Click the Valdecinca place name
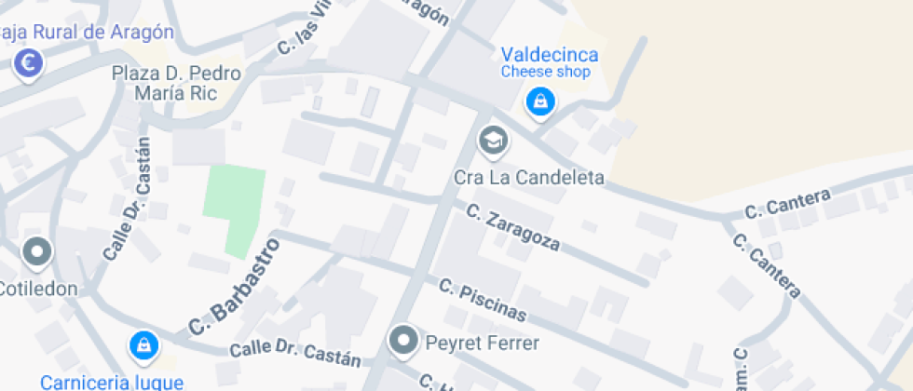tap(550, 55)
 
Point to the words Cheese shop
tap(545, 72)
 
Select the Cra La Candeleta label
tap(529, 177)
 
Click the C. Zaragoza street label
tap(514, 228)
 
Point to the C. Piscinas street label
tap(484, 300)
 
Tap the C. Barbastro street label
tap(235, 287)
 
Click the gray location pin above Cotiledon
tap(38, 251)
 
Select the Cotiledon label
tap(38, 289)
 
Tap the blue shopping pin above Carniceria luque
tap(143, 345)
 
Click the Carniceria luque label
tap(112, 381)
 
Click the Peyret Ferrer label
tap(482, 344)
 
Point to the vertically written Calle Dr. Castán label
tap(128, 198)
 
